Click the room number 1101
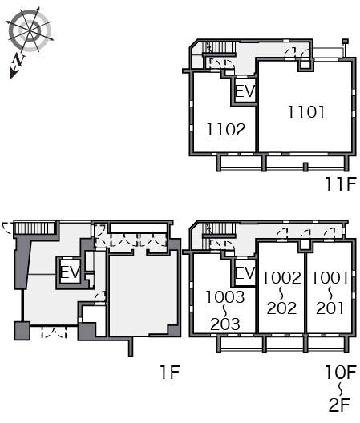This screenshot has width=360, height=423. (x=306, y=112)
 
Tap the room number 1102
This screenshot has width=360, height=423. (x=226, y=130)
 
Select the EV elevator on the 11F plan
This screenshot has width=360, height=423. (x=245, y=91)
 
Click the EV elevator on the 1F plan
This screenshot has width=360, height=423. (x=70, y=272)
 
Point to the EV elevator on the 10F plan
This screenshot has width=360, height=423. (x=245, y=272)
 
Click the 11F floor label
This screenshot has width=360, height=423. (x=341, y=184)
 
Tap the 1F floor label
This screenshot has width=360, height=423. (x=170, y=372)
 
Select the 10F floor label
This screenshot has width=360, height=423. (x=341, y=372)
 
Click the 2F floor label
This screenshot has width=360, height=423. (x=339, y=405)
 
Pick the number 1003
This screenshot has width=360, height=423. (x=225, y=296)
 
